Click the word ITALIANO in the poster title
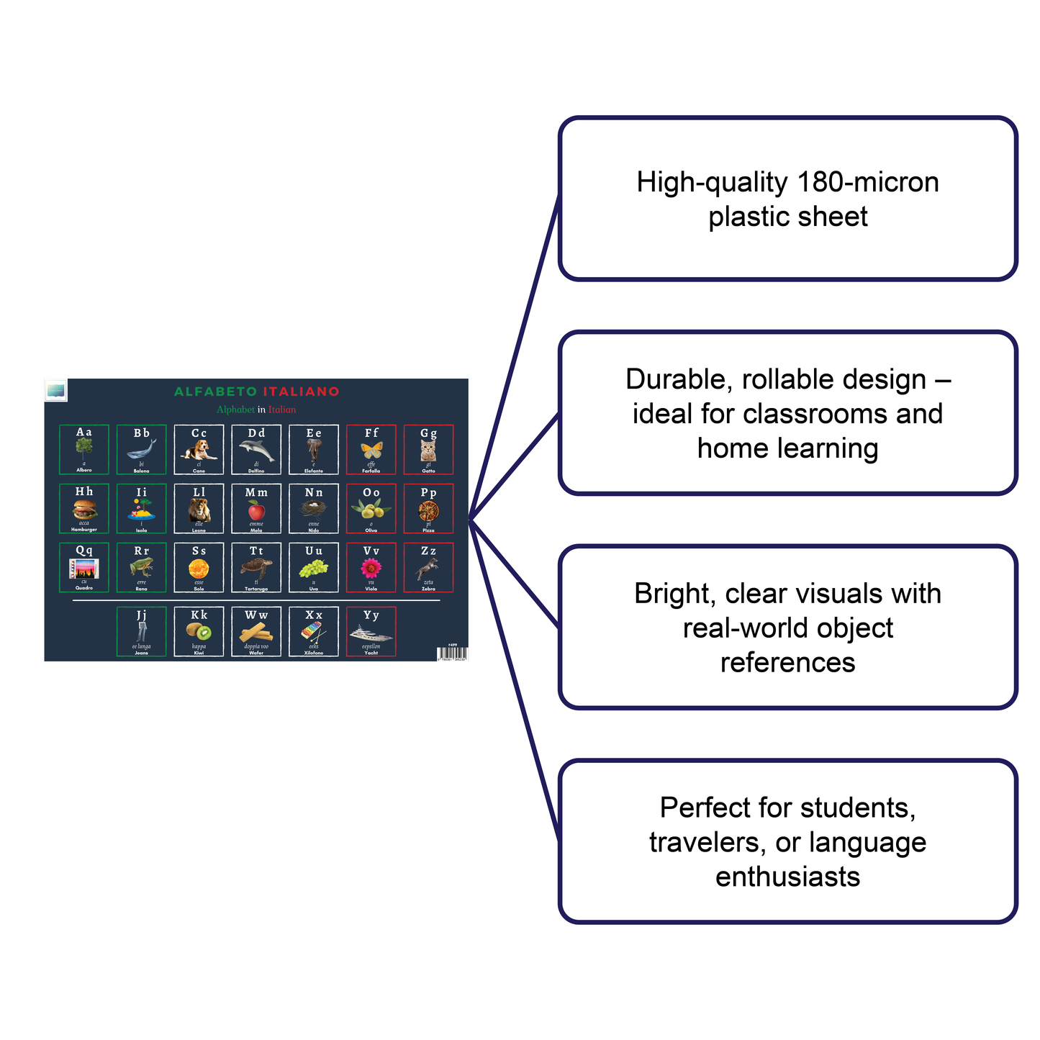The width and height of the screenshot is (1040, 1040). click(301, 392)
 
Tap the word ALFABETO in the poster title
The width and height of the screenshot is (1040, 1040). click(215, 392)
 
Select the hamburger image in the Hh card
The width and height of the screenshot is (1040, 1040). click(84, 510)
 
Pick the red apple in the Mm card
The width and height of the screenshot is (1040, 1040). click(256, 511)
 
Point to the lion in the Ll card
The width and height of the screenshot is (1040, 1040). click(199, 510)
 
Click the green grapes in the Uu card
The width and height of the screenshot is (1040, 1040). click(314, 569)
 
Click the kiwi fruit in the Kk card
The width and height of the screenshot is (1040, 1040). click(199, 632)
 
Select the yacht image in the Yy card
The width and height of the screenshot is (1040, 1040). click(371, 633)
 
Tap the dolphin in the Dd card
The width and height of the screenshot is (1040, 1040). click(257, 451)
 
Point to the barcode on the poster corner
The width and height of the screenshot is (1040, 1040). click(451, 654)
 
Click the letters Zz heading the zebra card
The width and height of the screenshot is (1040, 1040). click(428, 551)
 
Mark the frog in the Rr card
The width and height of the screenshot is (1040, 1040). click(142, 568)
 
